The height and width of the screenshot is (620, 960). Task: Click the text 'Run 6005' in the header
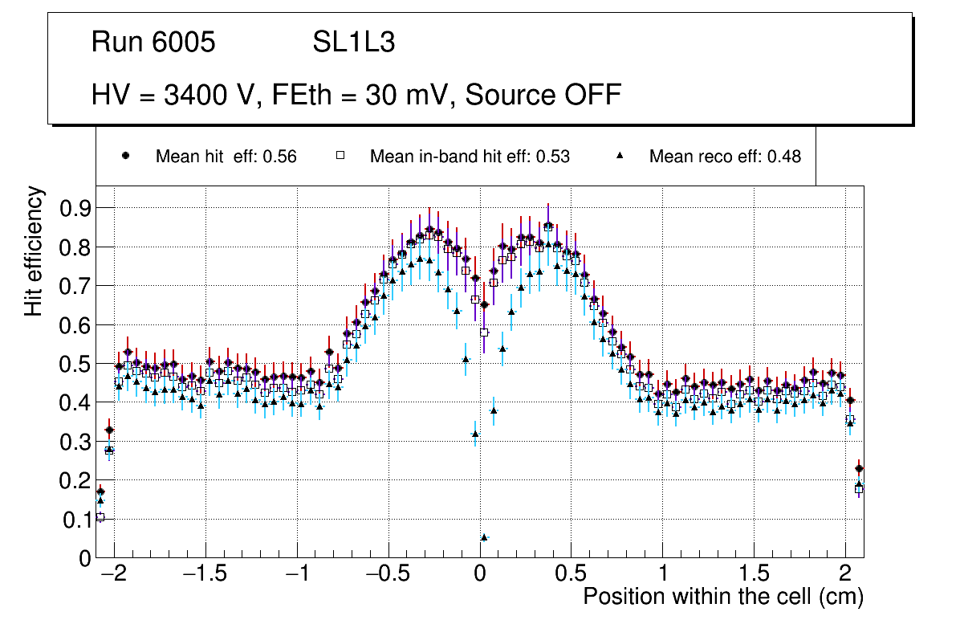(x=153, y=43)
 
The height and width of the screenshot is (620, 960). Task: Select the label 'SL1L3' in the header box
(x=353, y=43)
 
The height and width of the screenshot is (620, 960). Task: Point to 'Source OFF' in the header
(x=543, y=95)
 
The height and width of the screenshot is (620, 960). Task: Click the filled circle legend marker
(x=126, y=156)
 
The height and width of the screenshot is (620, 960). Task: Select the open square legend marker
(x=340, y=156)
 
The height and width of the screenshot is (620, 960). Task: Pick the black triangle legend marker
(x=620, y=156)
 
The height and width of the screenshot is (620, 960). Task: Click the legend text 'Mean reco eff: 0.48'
(x=725, y=157)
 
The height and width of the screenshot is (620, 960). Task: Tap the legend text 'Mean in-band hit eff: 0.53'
(x=470, y=157)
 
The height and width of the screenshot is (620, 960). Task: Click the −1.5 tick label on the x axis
(x=205, y=575)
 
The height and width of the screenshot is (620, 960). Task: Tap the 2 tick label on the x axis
(x=844, y=575)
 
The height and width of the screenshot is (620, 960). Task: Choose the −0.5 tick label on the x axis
(x=388, y=575)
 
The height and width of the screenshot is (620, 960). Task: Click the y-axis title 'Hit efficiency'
(x=34, y=251)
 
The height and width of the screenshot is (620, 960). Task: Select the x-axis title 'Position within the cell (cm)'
(x=722, y=598)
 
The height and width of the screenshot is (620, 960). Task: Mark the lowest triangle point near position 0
(x=484, y=537)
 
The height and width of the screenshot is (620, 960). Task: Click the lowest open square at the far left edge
(x=100, y=517)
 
